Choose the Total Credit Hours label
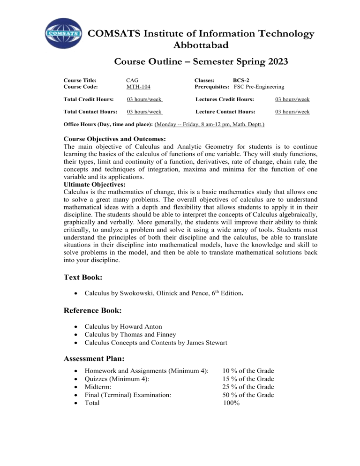click(89, 99)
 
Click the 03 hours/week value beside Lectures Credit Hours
click(292, 99)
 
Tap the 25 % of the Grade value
click(248, 387)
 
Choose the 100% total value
click(232, 403)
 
